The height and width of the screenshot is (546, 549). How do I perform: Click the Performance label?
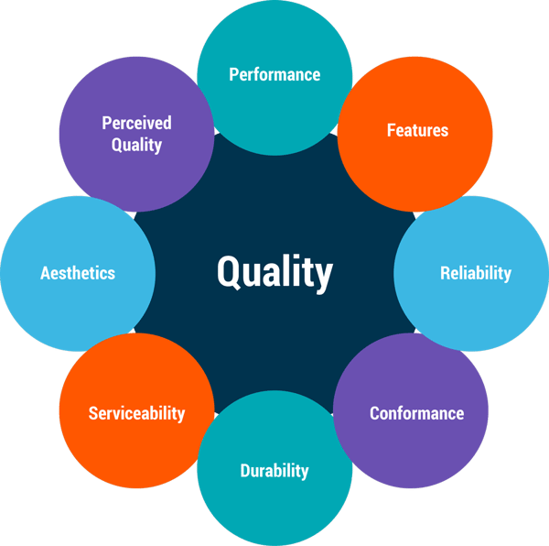point(274,74)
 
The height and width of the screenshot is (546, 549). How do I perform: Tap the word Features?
point(417,130)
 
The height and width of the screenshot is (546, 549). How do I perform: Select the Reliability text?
point(475,273)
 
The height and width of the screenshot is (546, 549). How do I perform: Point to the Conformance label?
point(416,413)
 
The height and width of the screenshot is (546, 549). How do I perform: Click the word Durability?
point(274,471)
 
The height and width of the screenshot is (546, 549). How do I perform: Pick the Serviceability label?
point(136,413)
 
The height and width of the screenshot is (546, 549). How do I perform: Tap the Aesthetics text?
point(78,273)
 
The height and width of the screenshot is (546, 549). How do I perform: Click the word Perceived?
point(136,123)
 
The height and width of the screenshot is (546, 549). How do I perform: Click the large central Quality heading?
point(274,272)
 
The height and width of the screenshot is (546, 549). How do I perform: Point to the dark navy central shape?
point(274,339)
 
